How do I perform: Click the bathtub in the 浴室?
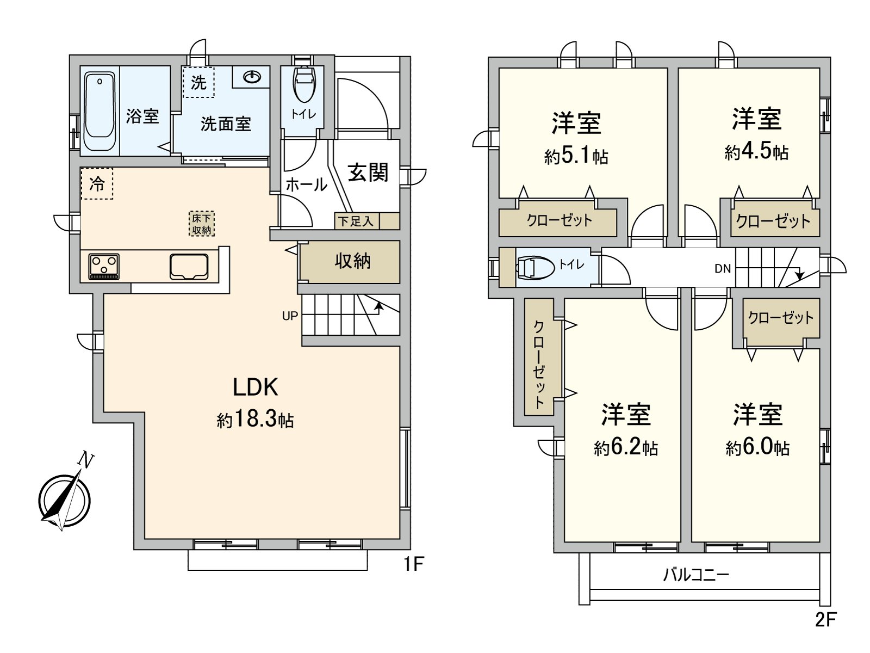[100, 112]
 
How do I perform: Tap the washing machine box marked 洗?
[198, 82]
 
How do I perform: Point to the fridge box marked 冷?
[97, 184]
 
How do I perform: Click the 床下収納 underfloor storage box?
[202, 224]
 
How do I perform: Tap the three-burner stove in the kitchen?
[104, 267]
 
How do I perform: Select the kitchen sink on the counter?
[189, 266]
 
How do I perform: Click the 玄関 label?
[368, 173]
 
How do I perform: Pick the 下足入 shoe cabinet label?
[356, 221]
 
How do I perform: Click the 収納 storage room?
[352, 261]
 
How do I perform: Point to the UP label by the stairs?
[290, 315]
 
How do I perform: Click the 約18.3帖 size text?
[255, 420]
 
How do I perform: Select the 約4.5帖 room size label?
[756, 152]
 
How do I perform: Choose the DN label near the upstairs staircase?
[722, 268]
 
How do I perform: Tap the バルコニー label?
[695, 574]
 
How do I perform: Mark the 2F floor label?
[825, 619]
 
